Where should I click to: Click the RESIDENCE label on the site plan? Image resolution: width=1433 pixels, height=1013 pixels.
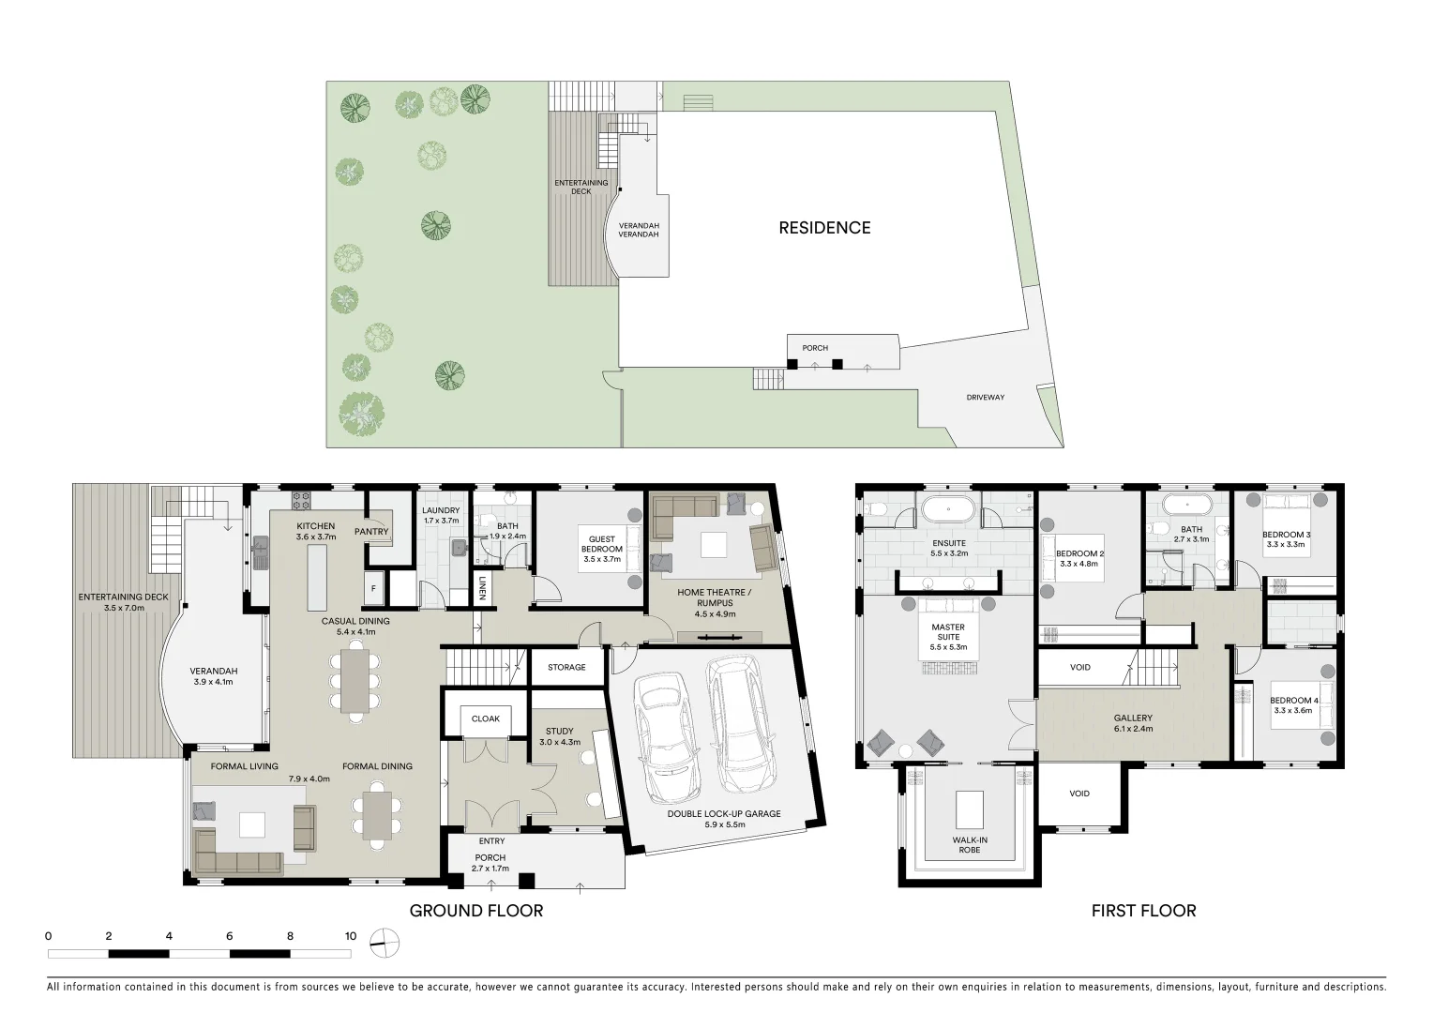pyautogui.click(x=824, y=228)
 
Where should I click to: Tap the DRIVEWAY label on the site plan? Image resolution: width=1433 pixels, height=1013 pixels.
pyautogui.click(x=985, y=398)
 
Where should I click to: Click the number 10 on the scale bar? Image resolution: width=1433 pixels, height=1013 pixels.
pyautogui.click(x=350, y=936)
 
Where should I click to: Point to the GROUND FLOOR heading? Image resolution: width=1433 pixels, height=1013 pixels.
pyautogui.click(x=475, y=911)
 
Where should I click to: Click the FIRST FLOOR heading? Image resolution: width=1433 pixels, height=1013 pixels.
pyautogui.click(x=1143, y=911)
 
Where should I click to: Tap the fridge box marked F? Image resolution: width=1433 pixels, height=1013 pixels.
pyautogui.click(x=373, y=589)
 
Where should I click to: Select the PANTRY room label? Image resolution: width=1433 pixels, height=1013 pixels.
pyautogui.click(x=371, y=532)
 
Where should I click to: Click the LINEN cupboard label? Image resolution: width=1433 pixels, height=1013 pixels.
pyautogui.click(x=482, y=588)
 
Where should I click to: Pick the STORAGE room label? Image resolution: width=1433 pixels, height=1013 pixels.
pyautogui.click(x=566, y=668)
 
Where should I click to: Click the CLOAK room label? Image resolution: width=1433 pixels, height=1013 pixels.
pyautogui.click(x=485, y=719)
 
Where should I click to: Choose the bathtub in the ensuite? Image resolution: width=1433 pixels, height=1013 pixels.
pyautogui.click(x=949, y=511)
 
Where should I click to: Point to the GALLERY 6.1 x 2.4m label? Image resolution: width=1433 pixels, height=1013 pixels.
pyautogui.click(x=1133, y=723)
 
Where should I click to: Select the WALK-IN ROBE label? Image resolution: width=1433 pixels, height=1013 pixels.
pyautogui.click(x=969, y=845)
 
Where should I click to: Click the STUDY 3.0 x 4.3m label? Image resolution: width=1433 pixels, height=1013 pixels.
pyautogui.click(x=560, y=736)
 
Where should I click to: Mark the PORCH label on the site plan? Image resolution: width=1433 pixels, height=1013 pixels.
pyautogui.click(x=814, y=348)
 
